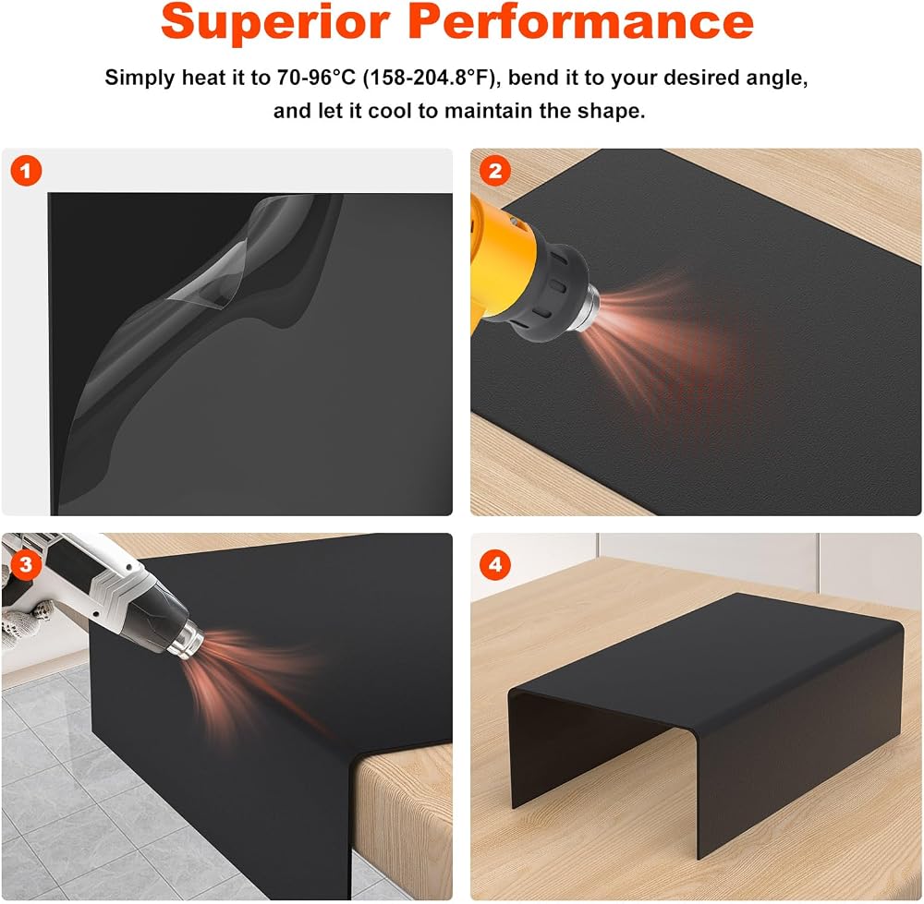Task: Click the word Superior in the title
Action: (274, 22)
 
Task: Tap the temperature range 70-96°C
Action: (316, 78)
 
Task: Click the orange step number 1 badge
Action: (26, 172)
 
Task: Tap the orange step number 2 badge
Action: (495, 172)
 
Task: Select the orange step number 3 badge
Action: (26, 565)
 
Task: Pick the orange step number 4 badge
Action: (495, 565)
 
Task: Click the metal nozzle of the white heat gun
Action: (188, 640)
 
